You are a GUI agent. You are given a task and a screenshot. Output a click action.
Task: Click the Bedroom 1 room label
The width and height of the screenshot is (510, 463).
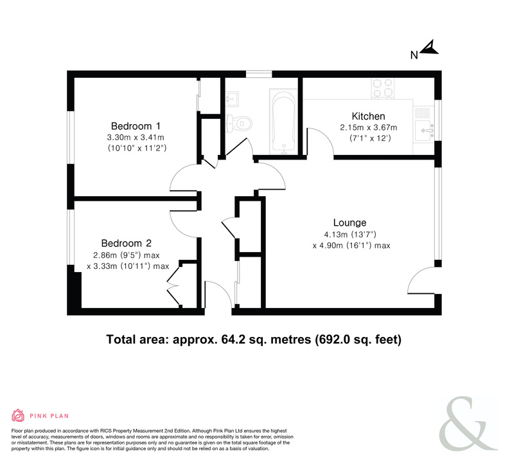[136, 126]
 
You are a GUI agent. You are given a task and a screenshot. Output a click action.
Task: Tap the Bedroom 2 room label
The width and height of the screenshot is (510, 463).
[126, 243]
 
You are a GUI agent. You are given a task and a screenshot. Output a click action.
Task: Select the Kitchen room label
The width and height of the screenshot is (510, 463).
[368, 116]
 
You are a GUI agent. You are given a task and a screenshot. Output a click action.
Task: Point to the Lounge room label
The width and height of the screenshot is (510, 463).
[349, 222]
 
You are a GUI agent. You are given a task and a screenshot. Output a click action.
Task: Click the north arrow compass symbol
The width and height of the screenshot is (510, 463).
[429, 48]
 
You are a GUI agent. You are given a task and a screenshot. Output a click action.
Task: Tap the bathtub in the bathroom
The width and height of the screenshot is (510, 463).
[284, 122]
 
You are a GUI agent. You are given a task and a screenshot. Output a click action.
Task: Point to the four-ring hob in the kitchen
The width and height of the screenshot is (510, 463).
[383, 88]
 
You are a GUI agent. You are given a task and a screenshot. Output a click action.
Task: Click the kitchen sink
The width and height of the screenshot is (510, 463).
[424, 131]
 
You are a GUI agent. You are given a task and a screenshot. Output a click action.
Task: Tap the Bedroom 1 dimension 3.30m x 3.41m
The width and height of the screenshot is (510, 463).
[136, 138]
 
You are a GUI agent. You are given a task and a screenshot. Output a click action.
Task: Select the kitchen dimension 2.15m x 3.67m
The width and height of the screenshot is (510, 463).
[369, 127]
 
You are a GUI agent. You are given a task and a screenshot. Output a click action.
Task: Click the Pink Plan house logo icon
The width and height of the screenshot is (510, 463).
[18, 415]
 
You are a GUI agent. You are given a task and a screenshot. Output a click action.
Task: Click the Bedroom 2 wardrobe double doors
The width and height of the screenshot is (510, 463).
[173, 286]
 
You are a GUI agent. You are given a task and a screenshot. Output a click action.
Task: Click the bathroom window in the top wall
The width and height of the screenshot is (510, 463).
[259, 74]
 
